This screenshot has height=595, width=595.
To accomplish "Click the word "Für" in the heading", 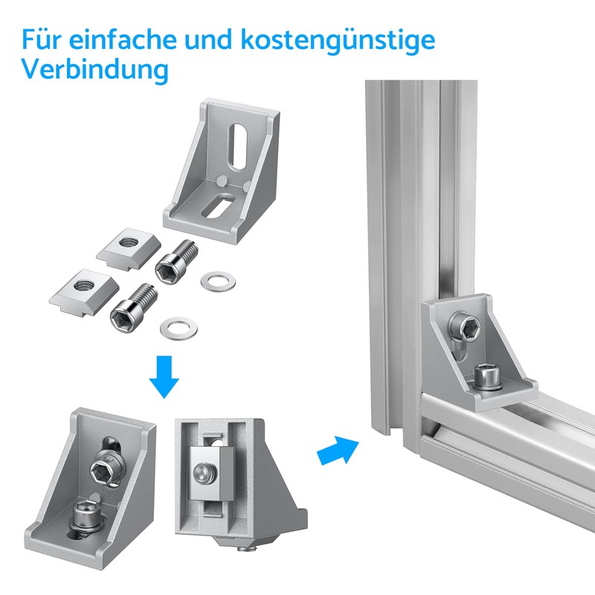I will click(x=41, y=39).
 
